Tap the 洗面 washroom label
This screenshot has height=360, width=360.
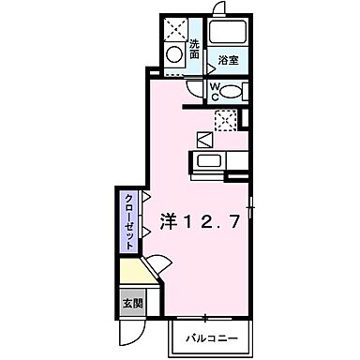coord(194,49)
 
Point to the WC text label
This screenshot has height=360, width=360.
coord(215,92)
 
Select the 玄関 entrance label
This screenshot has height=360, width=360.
coord(132,304)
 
